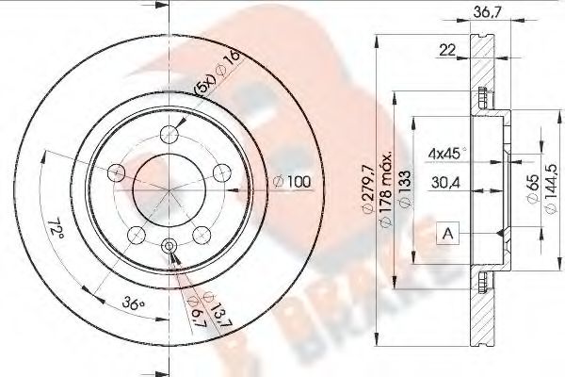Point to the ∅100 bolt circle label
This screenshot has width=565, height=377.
(x=292, y=180)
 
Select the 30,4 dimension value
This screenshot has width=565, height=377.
(x=445, y=186)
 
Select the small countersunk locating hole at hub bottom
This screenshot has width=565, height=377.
(x=169, y=246)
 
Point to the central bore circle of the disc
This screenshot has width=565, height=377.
(x=168, y=188)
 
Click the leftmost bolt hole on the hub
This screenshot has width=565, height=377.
(x=117, y=172)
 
